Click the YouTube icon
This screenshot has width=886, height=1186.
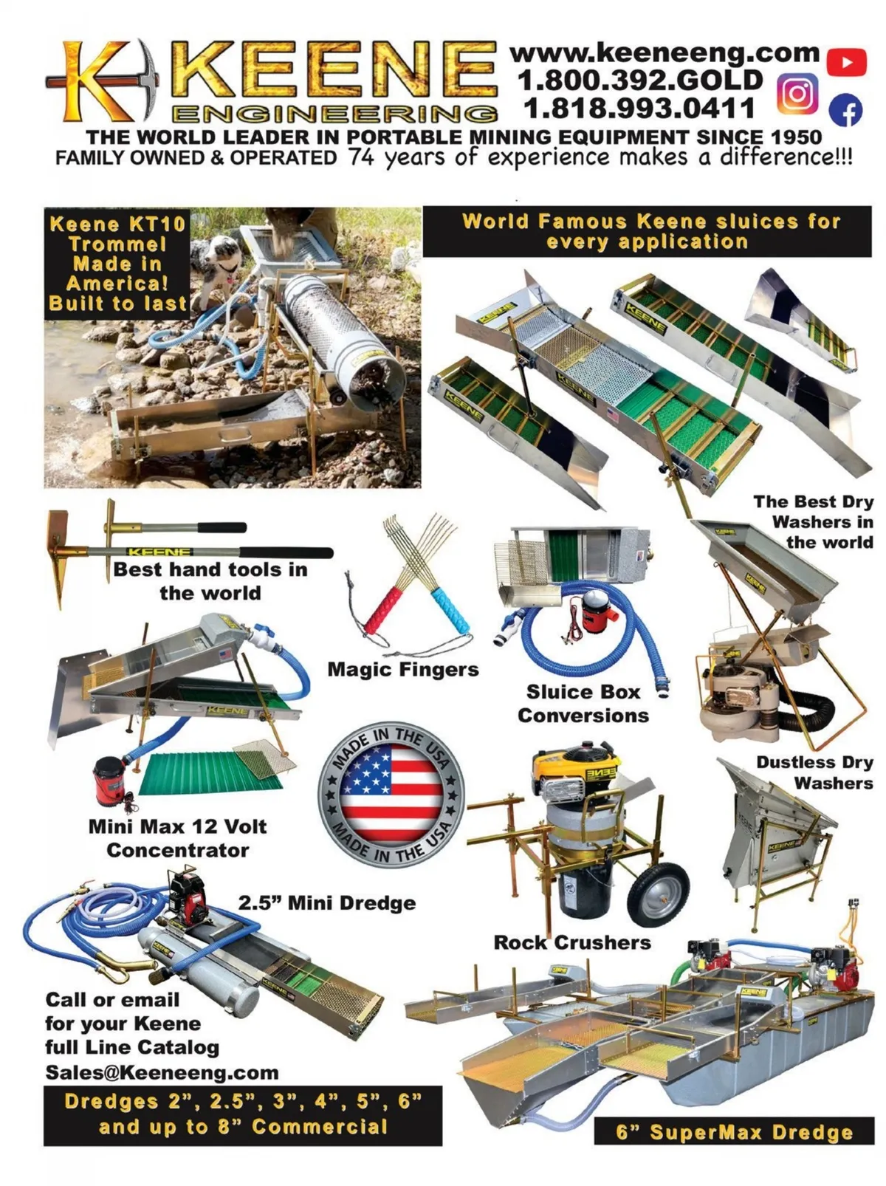pyautogui.click(x=846, y=62)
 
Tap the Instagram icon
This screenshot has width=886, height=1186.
pyautogui.click(x=797, y=93)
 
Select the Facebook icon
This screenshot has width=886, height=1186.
pyautogui.click(x=845, y=110)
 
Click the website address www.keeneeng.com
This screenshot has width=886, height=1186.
pyautogui.click(x=664, y=53)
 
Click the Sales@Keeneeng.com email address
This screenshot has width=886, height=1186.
pyautogui.click(x=162, y=1072)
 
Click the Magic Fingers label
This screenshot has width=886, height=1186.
pyautogui.click(x=403, y=670)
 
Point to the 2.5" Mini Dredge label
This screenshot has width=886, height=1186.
pyautogui.click(x=327, y=902)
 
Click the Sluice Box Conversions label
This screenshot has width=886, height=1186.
pyautogui.click(x=583, y=704)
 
